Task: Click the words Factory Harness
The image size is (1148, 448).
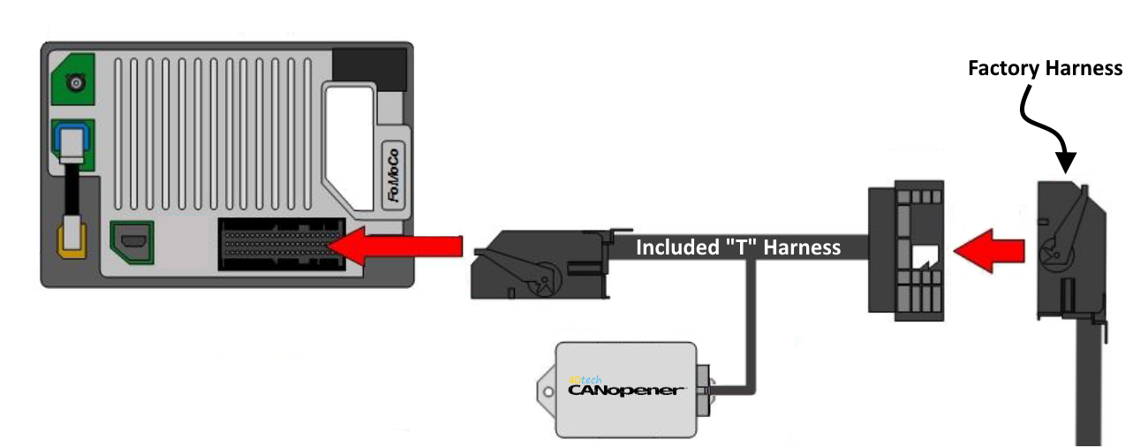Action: tap(1045, 68)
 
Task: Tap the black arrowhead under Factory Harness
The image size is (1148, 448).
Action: tap(1067, 161)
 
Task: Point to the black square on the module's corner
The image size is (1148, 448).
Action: tap(369, 65)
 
